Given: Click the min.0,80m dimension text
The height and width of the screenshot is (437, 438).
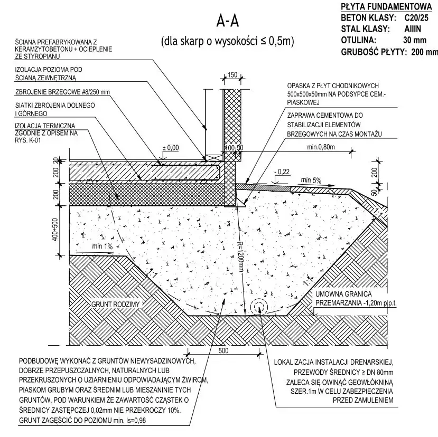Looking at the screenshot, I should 321,147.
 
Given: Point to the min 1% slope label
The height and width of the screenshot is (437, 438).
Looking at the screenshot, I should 102,246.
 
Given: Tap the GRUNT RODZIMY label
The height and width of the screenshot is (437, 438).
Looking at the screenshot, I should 115,305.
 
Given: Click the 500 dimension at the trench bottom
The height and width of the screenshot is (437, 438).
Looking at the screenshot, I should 223,350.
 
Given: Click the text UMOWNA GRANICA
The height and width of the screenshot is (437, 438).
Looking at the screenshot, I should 344,294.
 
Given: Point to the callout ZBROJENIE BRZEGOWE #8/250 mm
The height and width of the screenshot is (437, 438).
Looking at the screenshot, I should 62,92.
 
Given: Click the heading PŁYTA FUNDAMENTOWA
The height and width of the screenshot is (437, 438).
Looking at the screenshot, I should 386,7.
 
